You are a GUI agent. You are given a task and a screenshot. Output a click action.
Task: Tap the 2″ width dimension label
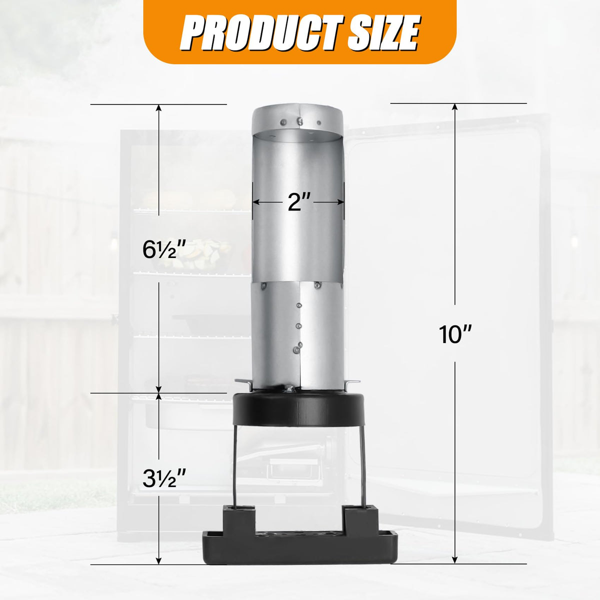click(299, 202)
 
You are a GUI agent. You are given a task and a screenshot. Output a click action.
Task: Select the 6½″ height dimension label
click(164, 249)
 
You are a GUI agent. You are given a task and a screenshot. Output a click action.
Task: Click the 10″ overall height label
click(455, 334)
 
